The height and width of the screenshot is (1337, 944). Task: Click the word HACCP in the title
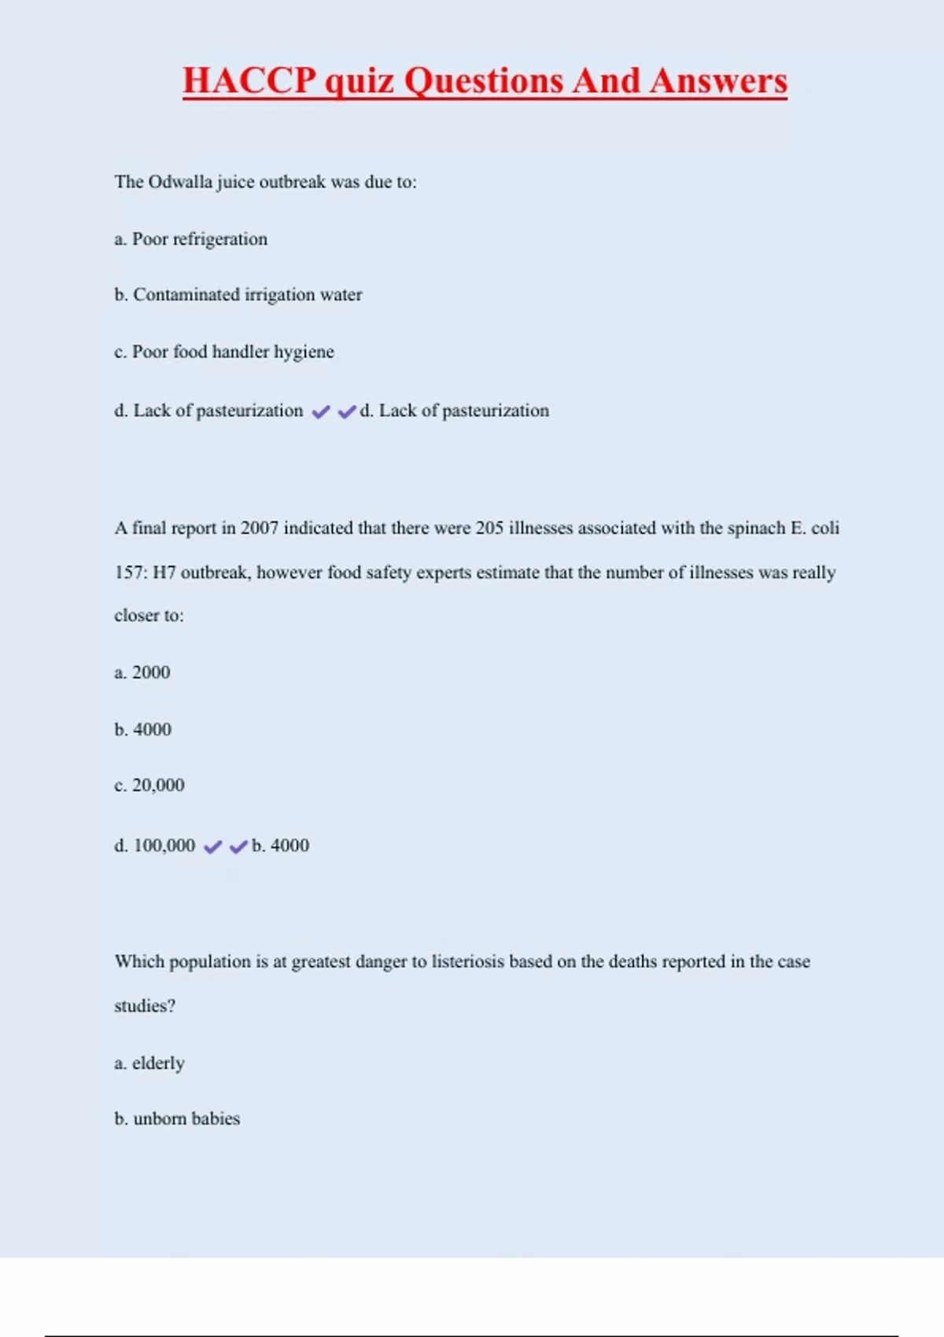pyautogui.click(x=249, y=81)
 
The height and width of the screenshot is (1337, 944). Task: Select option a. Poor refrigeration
pyautogui.click(x=191, y=239)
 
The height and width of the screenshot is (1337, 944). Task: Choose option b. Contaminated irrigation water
pyautogui.click(x=238, y=295)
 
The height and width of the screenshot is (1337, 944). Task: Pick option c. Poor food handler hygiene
pyautogui.click(x=224, y=352)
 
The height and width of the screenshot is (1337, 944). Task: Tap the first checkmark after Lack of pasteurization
pyautogui.click(x=321, y=411)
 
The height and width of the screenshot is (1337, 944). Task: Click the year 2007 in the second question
pyautogui.click(x=260, y=528)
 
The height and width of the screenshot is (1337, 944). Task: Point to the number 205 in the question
pyautogui.click(x=489, y=528)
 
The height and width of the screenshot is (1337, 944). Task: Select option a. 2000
pyautogui.click(x=142, y=672)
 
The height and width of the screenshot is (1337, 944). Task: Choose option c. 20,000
pyautogui.click(x=149, y=785)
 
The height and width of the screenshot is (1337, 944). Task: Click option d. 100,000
pyautogui.click(x=155, y=845)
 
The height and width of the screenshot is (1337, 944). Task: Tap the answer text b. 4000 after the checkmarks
pyautogui.click(x=281, y=845)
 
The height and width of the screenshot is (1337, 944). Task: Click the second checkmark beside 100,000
pyautogui.click(x=238, y=847)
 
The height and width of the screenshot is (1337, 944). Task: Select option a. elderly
pyautogui.click(x=149, y=1063)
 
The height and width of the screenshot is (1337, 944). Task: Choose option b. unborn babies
pyautogui.click(x=177, y=1118)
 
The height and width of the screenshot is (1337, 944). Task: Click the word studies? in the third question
pyautogui.click(x=145, y=1006)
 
